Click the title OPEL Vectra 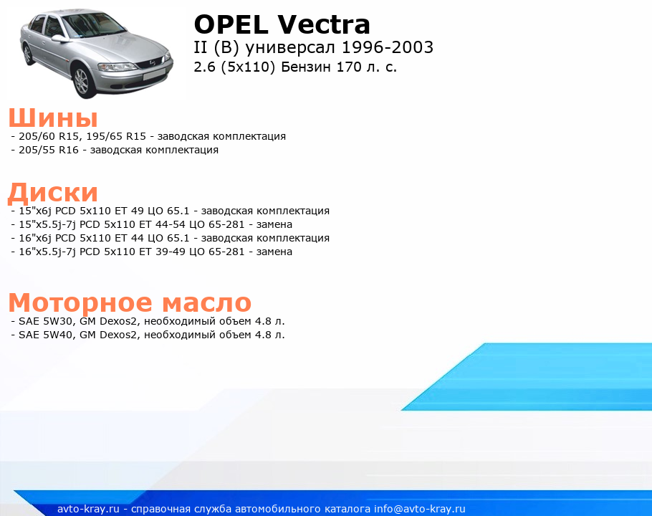(282, 24)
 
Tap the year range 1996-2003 (388, 47)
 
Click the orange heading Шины (53, 118)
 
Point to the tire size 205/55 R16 (49, 150)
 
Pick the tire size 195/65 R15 (116, 136)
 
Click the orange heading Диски (53, 193)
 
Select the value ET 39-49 (162, 252)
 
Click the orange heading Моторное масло (130, 302)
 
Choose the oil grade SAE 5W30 (46, 321)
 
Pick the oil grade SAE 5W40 (46, 335)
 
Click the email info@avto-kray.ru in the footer (420, 509)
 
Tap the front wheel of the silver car (82, 81)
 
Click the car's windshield (94, 25)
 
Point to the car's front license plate (154, 75)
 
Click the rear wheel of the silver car (27, 54)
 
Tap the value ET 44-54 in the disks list (162, 224)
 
